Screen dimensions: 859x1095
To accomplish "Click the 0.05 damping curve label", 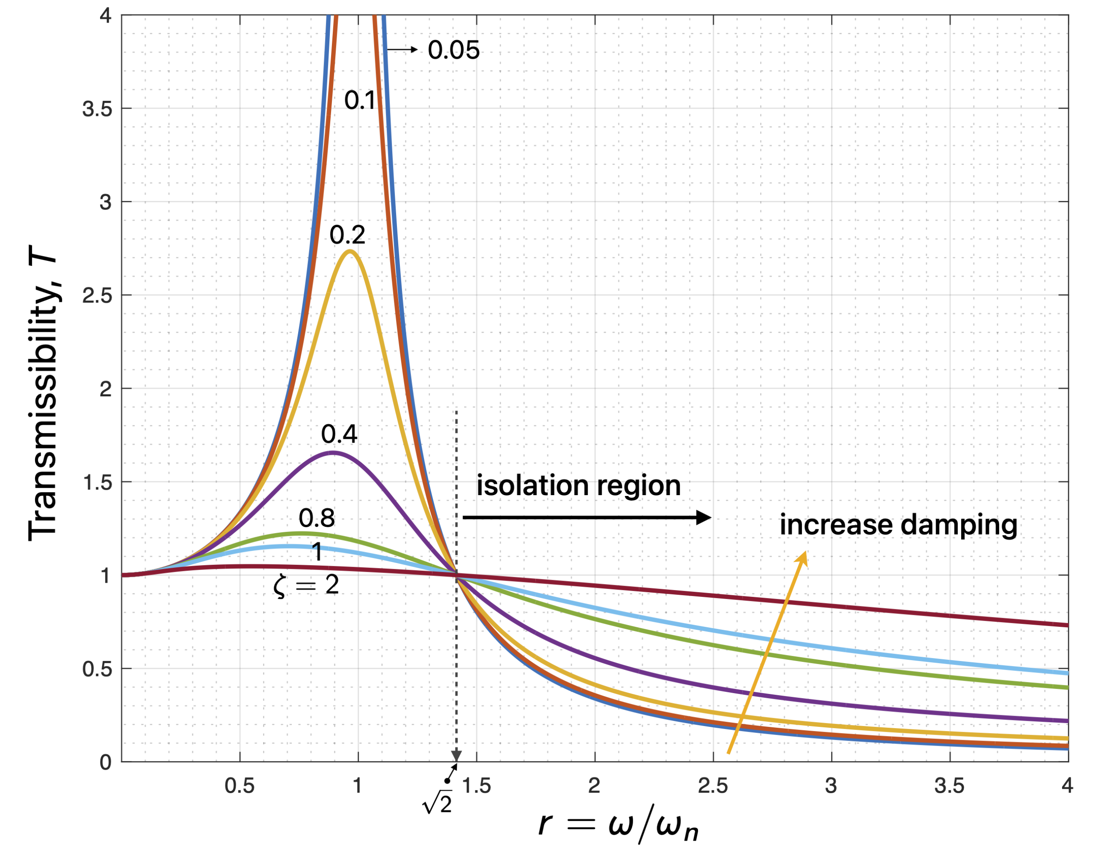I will [453, 50].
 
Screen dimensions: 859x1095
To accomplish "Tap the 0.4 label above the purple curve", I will [339, 434].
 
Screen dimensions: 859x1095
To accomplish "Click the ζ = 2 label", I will [306, 585].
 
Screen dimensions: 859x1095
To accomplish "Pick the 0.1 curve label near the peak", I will [359, 100].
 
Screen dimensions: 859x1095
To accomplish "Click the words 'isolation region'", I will [578, 486].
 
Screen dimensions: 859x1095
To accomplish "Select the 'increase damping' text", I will [898, 525].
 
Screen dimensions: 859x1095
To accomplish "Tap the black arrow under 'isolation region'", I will [586, 517].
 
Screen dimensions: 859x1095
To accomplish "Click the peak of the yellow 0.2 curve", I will [349, 251].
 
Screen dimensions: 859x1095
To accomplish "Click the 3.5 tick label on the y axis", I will [97, 109].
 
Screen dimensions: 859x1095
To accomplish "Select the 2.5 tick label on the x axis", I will [713, 785].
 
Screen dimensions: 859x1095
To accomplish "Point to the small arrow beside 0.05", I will [402, 49].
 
